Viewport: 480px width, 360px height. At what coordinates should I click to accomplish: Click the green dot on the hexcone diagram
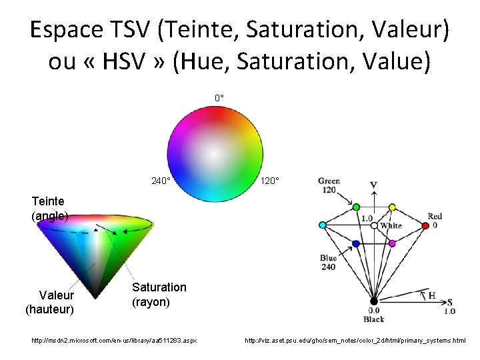pos(356,207)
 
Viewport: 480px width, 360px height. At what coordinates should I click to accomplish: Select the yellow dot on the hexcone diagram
pos(392,207)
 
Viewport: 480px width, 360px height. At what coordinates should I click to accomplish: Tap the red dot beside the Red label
pos(425,226)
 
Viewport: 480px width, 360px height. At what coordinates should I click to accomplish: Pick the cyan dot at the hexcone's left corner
pos(323,225)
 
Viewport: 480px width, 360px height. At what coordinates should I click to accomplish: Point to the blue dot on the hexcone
pos(356,244)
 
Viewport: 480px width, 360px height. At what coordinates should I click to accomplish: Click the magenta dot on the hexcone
pos(392,243)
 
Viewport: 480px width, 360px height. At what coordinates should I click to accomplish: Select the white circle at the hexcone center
pos(374,226)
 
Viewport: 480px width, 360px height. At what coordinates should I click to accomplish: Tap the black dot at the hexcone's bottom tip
pos(374,301)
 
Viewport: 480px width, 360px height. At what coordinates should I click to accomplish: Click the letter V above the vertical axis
pos(374,185)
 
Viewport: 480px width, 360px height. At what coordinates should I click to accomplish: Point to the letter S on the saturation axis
pos(450,301)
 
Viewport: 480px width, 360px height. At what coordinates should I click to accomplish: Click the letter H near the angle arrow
pos(432,294)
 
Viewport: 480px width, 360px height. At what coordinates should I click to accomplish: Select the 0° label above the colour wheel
pos(219,99)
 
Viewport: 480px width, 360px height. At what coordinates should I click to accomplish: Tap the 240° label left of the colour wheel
pos(161,181)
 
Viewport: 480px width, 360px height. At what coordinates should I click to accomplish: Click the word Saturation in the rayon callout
pos(159,287)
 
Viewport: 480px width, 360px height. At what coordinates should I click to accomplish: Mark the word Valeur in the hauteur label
pos(57,295)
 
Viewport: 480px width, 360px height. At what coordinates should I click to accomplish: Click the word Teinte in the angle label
pos(49,201)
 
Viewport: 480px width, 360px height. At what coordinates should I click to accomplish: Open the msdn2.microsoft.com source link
pos(114,341)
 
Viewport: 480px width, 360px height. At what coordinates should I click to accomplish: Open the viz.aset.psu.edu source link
pos(355,341)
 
